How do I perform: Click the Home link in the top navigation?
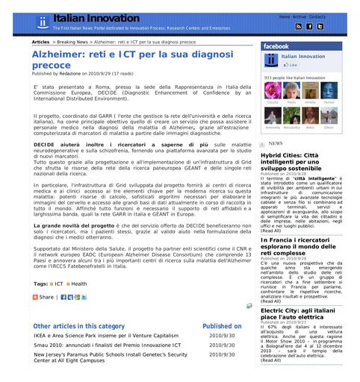pos(284,16)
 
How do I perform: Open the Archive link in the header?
pos(299,16)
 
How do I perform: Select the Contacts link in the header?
pos(317,16)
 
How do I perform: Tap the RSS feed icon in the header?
pos(298,27)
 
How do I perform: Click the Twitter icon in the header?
pos(320,27)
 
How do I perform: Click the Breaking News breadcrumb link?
pos(72,43)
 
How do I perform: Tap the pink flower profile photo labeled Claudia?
pos(272,90)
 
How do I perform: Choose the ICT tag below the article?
pos(59,284)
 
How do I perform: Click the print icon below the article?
pos(249,306)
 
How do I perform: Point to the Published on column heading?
pos(222,326)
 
